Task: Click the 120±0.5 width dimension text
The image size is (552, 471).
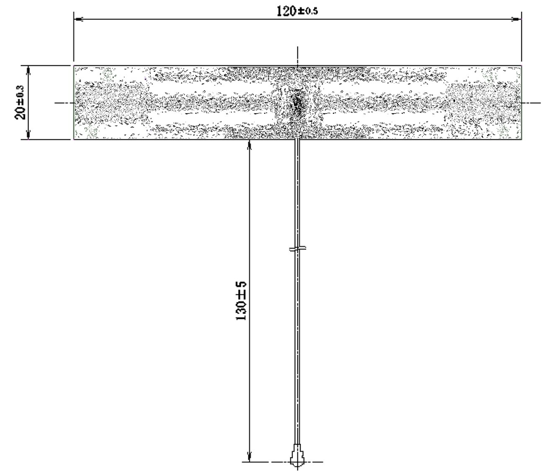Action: click(297, 11)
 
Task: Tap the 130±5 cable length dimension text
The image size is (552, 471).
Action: click(242, 301)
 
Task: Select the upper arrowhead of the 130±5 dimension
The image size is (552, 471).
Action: click(250, 144)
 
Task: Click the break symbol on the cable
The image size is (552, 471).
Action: click(297, 248)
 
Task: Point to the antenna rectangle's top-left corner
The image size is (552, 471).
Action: click(74, 66)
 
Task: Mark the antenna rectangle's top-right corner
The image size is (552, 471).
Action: click(521, 66)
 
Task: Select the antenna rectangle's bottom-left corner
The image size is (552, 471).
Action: click(74, 139)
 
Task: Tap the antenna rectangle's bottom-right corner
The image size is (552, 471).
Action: click(521, 139)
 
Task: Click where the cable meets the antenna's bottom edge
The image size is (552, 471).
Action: click(297, 139)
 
